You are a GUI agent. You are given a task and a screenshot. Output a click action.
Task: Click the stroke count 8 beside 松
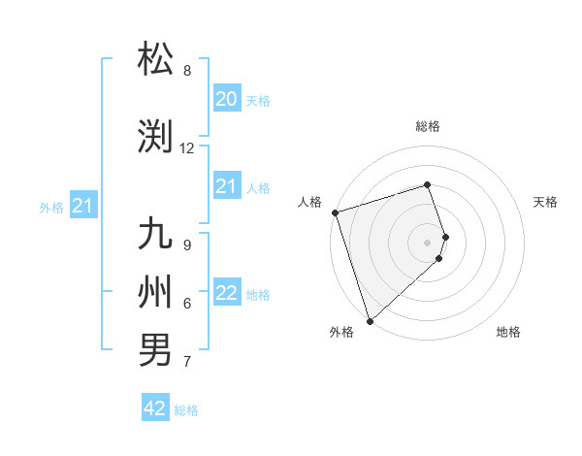187,71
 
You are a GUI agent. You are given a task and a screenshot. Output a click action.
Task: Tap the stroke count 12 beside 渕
187,148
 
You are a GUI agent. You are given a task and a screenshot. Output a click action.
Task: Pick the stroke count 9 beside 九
187,245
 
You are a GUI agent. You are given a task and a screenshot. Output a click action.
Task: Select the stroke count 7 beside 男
187,362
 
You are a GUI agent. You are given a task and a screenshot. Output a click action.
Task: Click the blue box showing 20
226,99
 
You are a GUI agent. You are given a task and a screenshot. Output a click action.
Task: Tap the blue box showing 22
226,293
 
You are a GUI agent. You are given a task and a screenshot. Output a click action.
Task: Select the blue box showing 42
155,408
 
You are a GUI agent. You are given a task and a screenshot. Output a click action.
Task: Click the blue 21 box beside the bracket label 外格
82,206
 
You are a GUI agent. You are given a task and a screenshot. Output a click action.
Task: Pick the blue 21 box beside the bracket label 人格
226,186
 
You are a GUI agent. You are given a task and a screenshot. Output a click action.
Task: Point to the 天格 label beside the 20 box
257,101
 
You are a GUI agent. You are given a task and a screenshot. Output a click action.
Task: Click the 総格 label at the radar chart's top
428,126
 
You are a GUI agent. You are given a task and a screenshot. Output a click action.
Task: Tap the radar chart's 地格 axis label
508,333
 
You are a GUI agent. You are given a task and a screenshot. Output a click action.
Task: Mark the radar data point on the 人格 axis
335,212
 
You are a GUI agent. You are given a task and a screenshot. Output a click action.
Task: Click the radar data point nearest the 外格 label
370,320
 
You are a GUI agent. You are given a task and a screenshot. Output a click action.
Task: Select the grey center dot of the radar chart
428,242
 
